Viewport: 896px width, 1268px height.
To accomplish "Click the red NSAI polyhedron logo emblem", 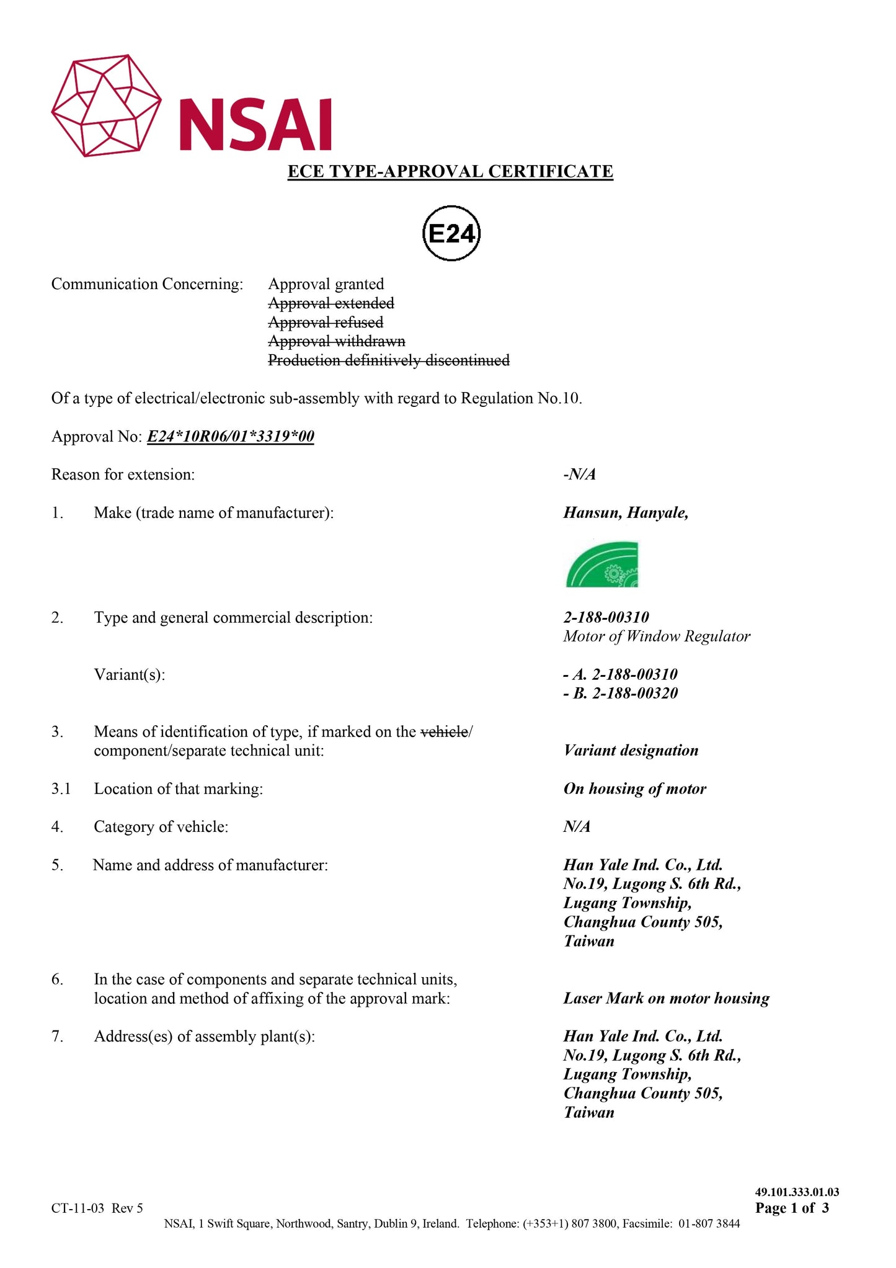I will point(106,105).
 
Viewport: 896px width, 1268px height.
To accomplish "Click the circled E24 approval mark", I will point(451,234).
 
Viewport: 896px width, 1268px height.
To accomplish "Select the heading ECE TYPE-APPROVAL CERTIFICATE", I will point(450,171).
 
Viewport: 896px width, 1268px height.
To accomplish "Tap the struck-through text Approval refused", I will point(326,323).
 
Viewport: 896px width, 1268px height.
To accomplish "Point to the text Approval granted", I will point(326,284).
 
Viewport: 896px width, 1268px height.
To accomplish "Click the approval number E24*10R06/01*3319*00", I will point(231,437).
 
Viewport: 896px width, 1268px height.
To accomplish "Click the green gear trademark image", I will point(602,565).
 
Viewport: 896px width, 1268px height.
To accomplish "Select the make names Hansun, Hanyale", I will point(626,513).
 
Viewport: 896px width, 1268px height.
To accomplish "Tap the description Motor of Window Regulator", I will point(657,636).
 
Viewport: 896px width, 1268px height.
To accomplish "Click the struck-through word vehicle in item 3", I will point(444,732).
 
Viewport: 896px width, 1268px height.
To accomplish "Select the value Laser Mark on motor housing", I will point(667,999).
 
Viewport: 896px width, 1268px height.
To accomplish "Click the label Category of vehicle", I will point(161,827).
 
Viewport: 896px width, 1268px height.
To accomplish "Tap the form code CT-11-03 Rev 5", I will point(97,1208).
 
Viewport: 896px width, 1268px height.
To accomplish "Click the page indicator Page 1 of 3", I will point(792,1208).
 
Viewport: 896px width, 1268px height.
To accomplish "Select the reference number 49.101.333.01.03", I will point(797,1192).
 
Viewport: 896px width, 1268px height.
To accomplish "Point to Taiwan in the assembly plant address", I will point(589,1113).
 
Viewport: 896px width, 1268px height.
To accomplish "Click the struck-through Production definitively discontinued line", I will point(389,360).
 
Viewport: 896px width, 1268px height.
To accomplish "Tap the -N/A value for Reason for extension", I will point(580,475).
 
